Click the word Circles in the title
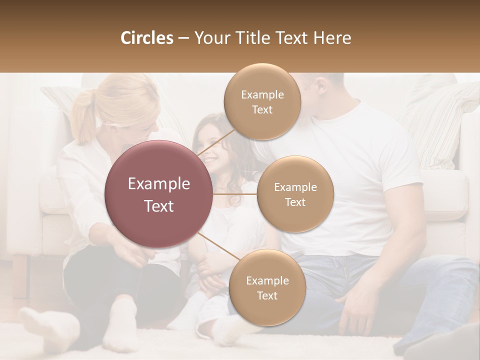click(147, 38)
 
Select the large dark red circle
click(159, 194)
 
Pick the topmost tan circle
click(261, 101)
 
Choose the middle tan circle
click(295, 194)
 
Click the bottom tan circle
click(267, 287)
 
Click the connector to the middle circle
click(235, 193)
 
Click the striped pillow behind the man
click(440, 125)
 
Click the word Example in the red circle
click(159, 184)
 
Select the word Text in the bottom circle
click(267, 295)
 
